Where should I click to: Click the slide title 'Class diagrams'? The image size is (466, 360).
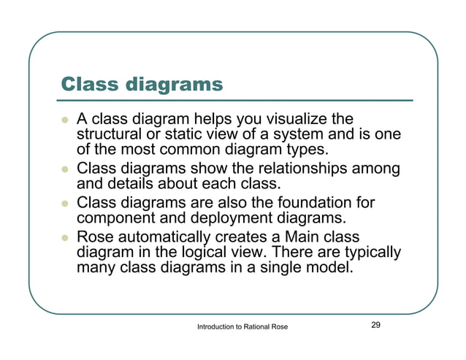pyautogui.click(x=141, y=84)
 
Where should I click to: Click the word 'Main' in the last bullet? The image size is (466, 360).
pyautogui.click(x=300, y=237)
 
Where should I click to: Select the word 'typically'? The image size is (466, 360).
pyautogui.click(x=371, y=253)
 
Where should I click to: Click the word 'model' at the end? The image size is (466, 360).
pyautogui.click(x=331, y=269)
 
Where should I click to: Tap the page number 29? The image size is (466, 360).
pyautogui.click(x=376, y=325)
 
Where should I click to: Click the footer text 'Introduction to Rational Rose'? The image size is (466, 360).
pyautogui.click(x=242, y=327)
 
